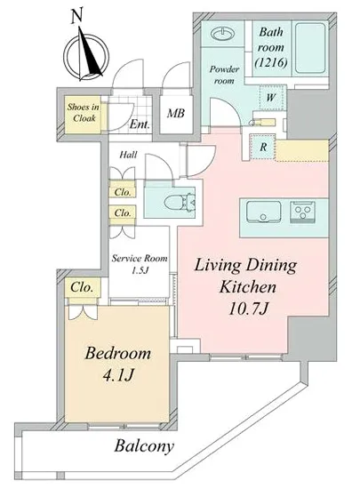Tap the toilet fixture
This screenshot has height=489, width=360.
click(x=179, y=202)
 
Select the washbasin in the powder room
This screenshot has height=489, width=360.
click(x=222, y=33)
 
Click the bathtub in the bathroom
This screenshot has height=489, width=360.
click(x=310, y=47)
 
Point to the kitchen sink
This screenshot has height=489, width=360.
click(x=263, y=212)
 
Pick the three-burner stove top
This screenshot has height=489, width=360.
click(x=302, y=212)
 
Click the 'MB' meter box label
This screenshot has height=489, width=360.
click(x=175, y=113)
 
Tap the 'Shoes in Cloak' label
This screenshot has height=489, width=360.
click(x=84, y=113)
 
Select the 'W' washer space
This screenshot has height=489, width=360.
click(x=271, y=97)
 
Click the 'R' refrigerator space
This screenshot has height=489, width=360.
click(x=263, y=147)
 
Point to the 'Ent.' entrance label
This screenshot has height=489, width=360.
click(x=140, y=124)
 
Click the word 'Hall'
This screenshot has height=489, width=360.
click(x=128, y=155)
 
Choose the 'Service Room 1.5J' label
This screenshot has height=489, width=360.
click(x=140, y=264)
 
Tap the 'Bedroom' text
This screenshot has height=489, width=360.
click(x=118, y=353)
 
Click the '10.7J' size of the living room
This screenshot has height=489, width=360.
click(x=248, y=309)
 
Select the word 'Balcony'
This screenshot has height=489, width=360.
click(x=144, y=446)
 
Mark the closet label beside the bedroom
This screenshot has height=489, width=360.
click(x=82, y=287)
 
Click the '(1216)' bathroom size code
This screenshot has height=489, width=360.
click(x=271, y=63)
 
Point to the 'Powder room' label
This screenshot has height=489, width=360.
click(x=224, y=75)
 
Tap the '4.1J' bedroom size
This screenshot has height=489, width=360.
click(x=118, y=376)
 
